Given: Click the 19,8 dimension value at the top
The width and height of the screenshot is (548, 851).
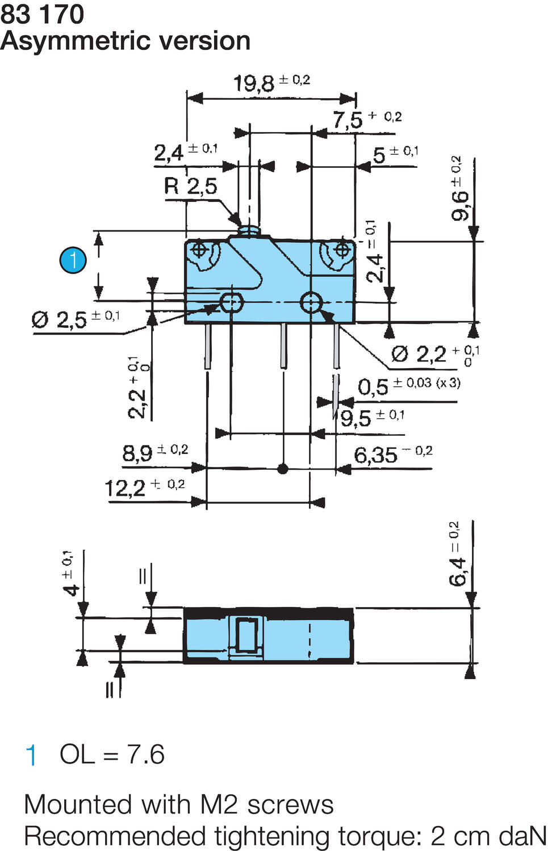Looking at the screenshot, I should pos(254,83).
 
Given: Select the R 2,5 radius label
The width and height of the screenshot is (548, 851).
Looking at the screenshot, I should pos(191,186).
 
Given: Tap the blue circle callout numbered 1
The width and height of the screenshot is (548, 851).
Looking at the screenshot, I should pos(73,260).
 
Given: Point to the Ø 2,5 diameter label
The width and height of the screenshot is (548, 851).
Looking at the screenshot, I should pos(59,320).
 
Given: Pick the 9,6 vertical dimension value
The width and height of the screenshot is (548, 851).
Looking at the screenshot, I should pos(460,204).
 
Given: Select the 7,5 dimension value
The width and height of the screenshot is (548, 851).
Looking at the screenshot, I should pos(348,120).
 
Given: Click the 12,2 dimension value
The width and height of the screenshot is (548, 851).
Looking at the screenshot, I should pos(125,488).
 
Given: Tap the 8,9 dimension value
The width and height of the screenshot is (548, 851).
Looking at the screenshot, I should pos(137,453).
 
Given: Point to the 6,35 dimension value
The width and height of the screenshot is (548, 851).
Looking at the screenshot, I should pos(375,455).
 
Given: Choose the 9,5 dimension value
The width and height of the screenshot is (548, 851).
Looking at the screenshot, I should pos(355,419).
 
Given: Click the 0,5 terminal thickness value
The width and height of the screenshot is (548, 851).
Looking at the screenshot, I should pos(373,387).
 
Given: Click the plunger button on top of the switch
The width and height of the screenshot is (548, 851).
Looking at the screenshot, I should pos(249,230).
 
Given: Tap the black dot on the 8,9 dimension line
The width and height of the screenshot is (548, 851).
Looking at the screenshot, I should pos(283,469).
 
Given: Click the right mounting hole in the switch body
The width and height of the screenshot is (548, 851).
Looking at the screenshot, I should pos(311,303).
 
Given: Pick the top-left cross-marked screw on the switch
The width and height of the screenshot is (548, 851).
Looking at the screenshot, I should pos(199,250).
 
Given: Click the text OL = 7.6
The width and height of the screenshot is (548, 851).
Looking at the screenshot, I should pos(112,755).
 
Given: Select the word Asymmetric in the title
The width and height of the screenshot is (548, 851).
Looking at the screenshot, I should pos(68,41).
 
